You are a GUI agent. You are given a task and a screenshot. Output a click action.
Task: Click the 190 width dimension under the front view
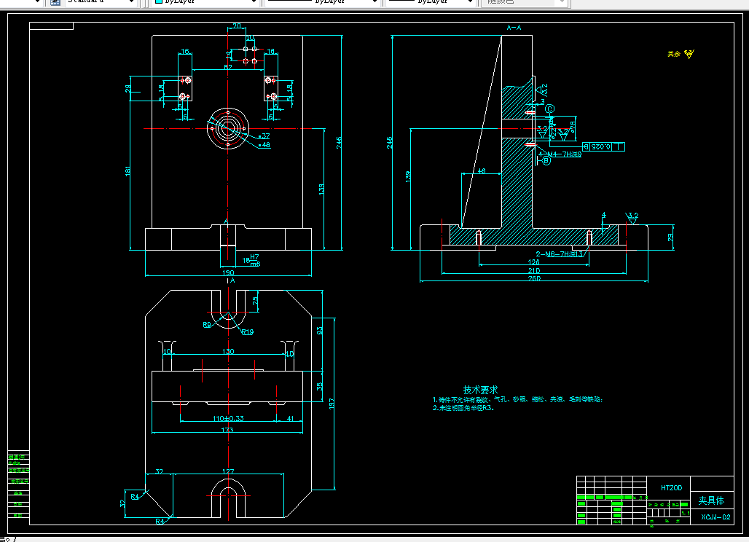click(228, 272)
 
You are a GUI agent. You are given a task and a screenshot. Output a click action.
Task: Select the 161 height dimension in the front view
click(128, 171)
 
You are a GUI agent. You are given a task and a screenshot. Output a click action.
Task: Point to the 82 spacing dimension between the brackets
click(228, 67)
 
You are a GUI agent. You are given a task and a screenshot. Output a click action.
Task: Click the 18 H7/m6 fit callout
click(251, 260)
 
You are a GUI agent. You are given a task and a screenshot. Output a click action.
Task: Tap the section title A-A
click(514, 28)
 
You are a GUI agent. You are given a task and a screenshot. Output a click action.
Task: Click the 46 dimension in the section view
click(481, 170)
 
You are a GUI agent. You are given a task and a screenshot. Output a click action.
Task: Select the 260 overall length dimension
click(534, 278)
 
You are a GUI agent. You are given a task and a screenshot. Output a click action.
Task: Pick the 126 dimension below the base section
click(534, 262)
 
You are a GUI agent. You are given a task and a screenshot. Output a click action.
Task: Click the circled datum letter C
click(550, 109)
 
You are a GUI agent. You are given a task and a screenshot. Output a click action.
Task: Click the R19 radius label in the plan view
click(247, 331)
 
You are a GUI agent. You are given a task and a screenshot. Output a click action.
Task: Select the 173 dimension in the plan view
click(227, 430)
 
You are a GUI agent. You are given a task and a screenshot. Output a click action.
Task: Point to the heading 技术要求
click(480, 390)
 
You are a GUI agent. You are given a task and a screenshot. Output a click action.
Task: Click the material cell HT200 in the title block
click(670, 487)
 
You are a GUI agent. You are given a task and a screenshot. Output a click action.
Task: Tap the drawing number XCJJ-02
click(715, 517)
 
